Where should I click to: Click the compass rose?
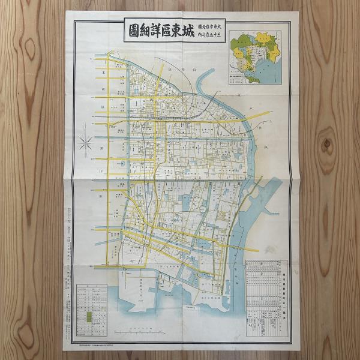click(86, 143)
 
